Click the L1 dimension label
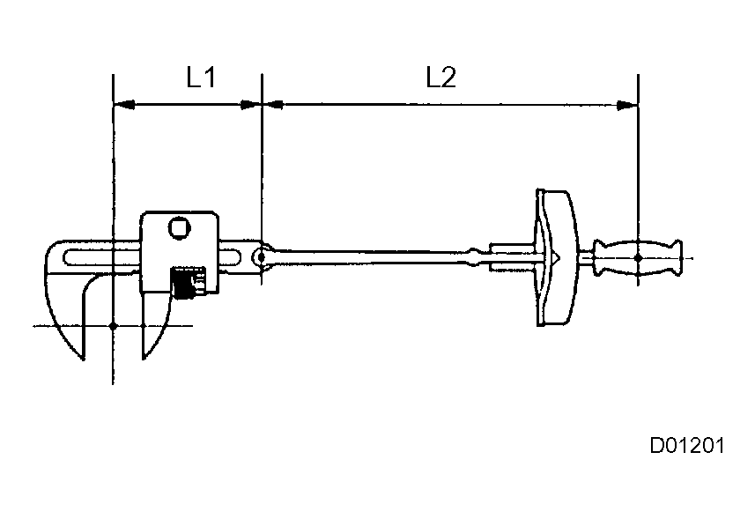pyautogui.click(x=201, y=78)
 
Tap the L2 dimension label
pyautogui.click(x=440, y=78)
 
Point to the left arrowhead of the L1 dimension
pyautogui.click(x=124, y=105)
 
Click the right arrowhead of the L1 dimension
pyautogui.click(x=252, y=105)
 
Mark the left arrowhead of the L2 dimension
pyautogui.click(x=273, y=105)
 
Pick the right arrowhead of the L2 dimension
pyautogui.click(x=627, y=105)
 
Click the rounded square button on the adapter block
pyautogui.click(x=179, y=227)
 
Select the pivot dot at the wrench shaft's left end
pyautogui.click(x=261, y=257)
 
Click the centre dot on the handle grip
pyautogui.click(x=637, y=257)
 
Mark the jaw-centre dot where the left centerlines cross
pyautogui.click(x=114, y=326)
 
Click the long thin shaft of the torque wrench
pyautogui.click(x=370, y=256)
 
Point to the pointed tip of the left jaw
pyautogui.click(x=81, y=358)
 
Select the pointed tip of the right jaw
pyautogui.click(x=144, y=358)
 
